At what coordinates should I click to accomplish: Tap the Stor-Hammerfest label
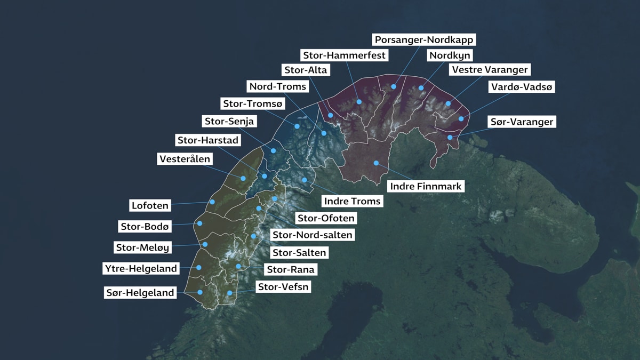[345, 55]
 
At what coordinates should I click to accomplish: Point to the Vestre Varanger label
[490, 69]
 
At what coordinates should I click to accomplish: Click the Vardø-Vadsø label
[522, 87]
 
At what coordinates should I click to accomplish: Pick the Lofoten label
[150, 205]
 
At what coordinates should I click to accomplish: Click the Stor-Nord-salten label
[312, 235]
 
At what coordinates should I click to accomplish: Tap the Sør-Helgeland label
[140, 292]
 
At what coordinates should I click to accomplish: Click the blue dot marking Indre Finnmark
[376, 163]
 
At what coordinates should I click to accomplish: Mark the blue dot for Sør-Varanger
[450, 138]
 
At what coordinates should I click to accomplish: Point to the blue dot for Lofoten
[212, 202]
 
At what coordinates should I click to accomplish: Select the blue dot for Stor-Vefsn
[229, 293]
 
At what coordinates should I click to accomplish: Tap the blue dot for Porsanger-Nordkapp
[394, 86]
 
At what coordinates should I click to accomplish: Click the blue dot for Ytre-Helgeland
[199, 267]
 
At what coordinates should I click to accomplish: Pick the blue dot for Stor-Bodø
[201, 223]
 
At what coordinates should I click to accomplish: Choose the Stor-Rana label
[290, 270]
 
